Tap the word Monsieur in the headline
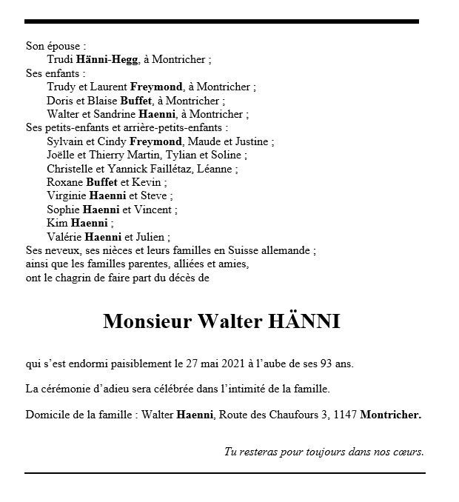[x=147, y=321]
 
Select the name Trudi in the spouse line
[x=60, y=59]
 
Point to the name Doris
[x=61, y=101]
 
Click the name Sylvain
[x=65, y=141]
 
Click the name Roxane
[x=65, y=182]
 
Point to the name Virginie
[x=66, y=196]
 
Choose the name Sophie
[x=64, y=210]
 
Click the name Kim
[x=57, y=223]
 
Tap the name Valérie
[x=64, y=237]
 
